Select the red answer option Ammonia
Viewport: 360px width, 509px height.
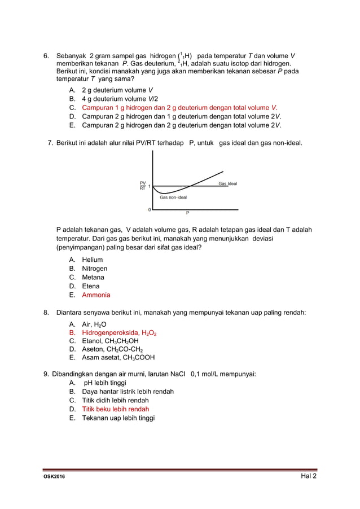(96, 295)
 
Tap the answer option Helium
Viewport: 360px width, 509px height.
(92, 260)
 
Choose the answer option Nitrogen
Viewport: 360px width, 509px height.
(94, 269)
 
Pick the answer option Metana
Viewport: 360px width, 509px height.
(93, 277)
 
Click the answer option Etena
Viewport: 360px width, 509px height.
(91, 286)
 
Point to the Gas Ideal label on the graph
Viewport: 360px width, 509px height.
(227, 184)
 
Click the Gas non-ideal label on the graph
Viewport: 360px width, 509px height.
(173, 198)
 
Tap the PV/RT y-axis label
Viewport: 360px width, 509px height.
(142, 186)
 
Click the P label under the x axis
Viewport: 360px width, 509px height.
(188, 213)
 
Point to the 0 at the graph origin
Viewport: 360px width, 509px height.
(149, 209)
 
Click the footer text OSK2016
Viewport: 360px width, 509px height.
(54, 477)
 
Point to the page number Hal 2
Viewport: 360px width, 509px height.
(308, 476)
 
